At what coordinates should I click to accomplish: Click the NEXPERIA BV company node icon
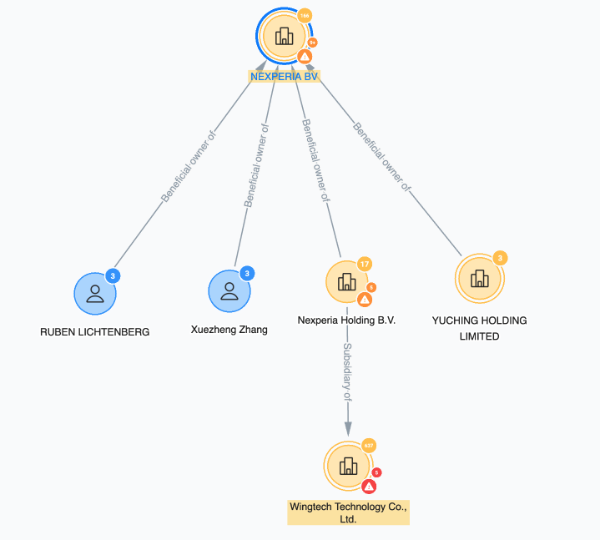click(285, 36)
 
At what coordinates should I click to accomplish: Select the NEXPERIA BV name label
click(285, 76)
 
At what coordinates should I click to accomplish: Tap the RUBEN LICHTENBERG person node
click(94, 293)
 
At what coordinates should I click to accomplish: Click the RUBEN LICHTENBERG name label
click(95, 331)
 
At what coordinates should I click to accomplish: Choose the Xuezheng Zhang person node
click(229, 290)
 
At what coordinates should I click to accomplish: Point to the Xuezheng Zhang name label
click(229, 330)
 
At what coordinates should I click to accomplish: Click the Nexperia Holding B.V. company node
click(346, 282)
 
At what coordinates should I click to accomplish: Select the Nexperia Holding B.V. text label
click(346, 320)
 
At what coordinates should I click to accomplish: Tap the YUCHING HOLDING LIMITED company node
click(479, 278)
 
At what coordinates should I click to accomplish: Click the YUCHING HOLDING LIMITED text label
click(479, 328)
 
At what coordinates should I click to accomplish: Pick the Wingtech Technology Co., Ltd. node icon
click(348, 467)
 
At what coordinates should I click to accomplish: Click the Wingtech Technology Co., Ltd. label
click(348, 512)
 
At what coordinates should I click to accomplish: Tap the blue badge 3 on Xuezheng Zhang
click(247, 273)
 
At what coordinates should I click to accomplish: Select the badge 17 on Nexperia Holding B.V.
click(364, 264)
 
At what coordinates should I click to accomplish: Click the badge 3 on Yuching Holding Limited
click(499, 258)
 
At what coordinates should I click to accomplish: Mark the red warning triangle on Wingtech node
click(369, 486)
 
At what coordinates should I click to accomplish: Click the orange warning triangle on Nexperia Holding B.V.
click(365, 300)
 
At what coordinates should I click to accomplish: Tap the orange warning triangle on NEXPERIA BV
click(305, 56)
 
